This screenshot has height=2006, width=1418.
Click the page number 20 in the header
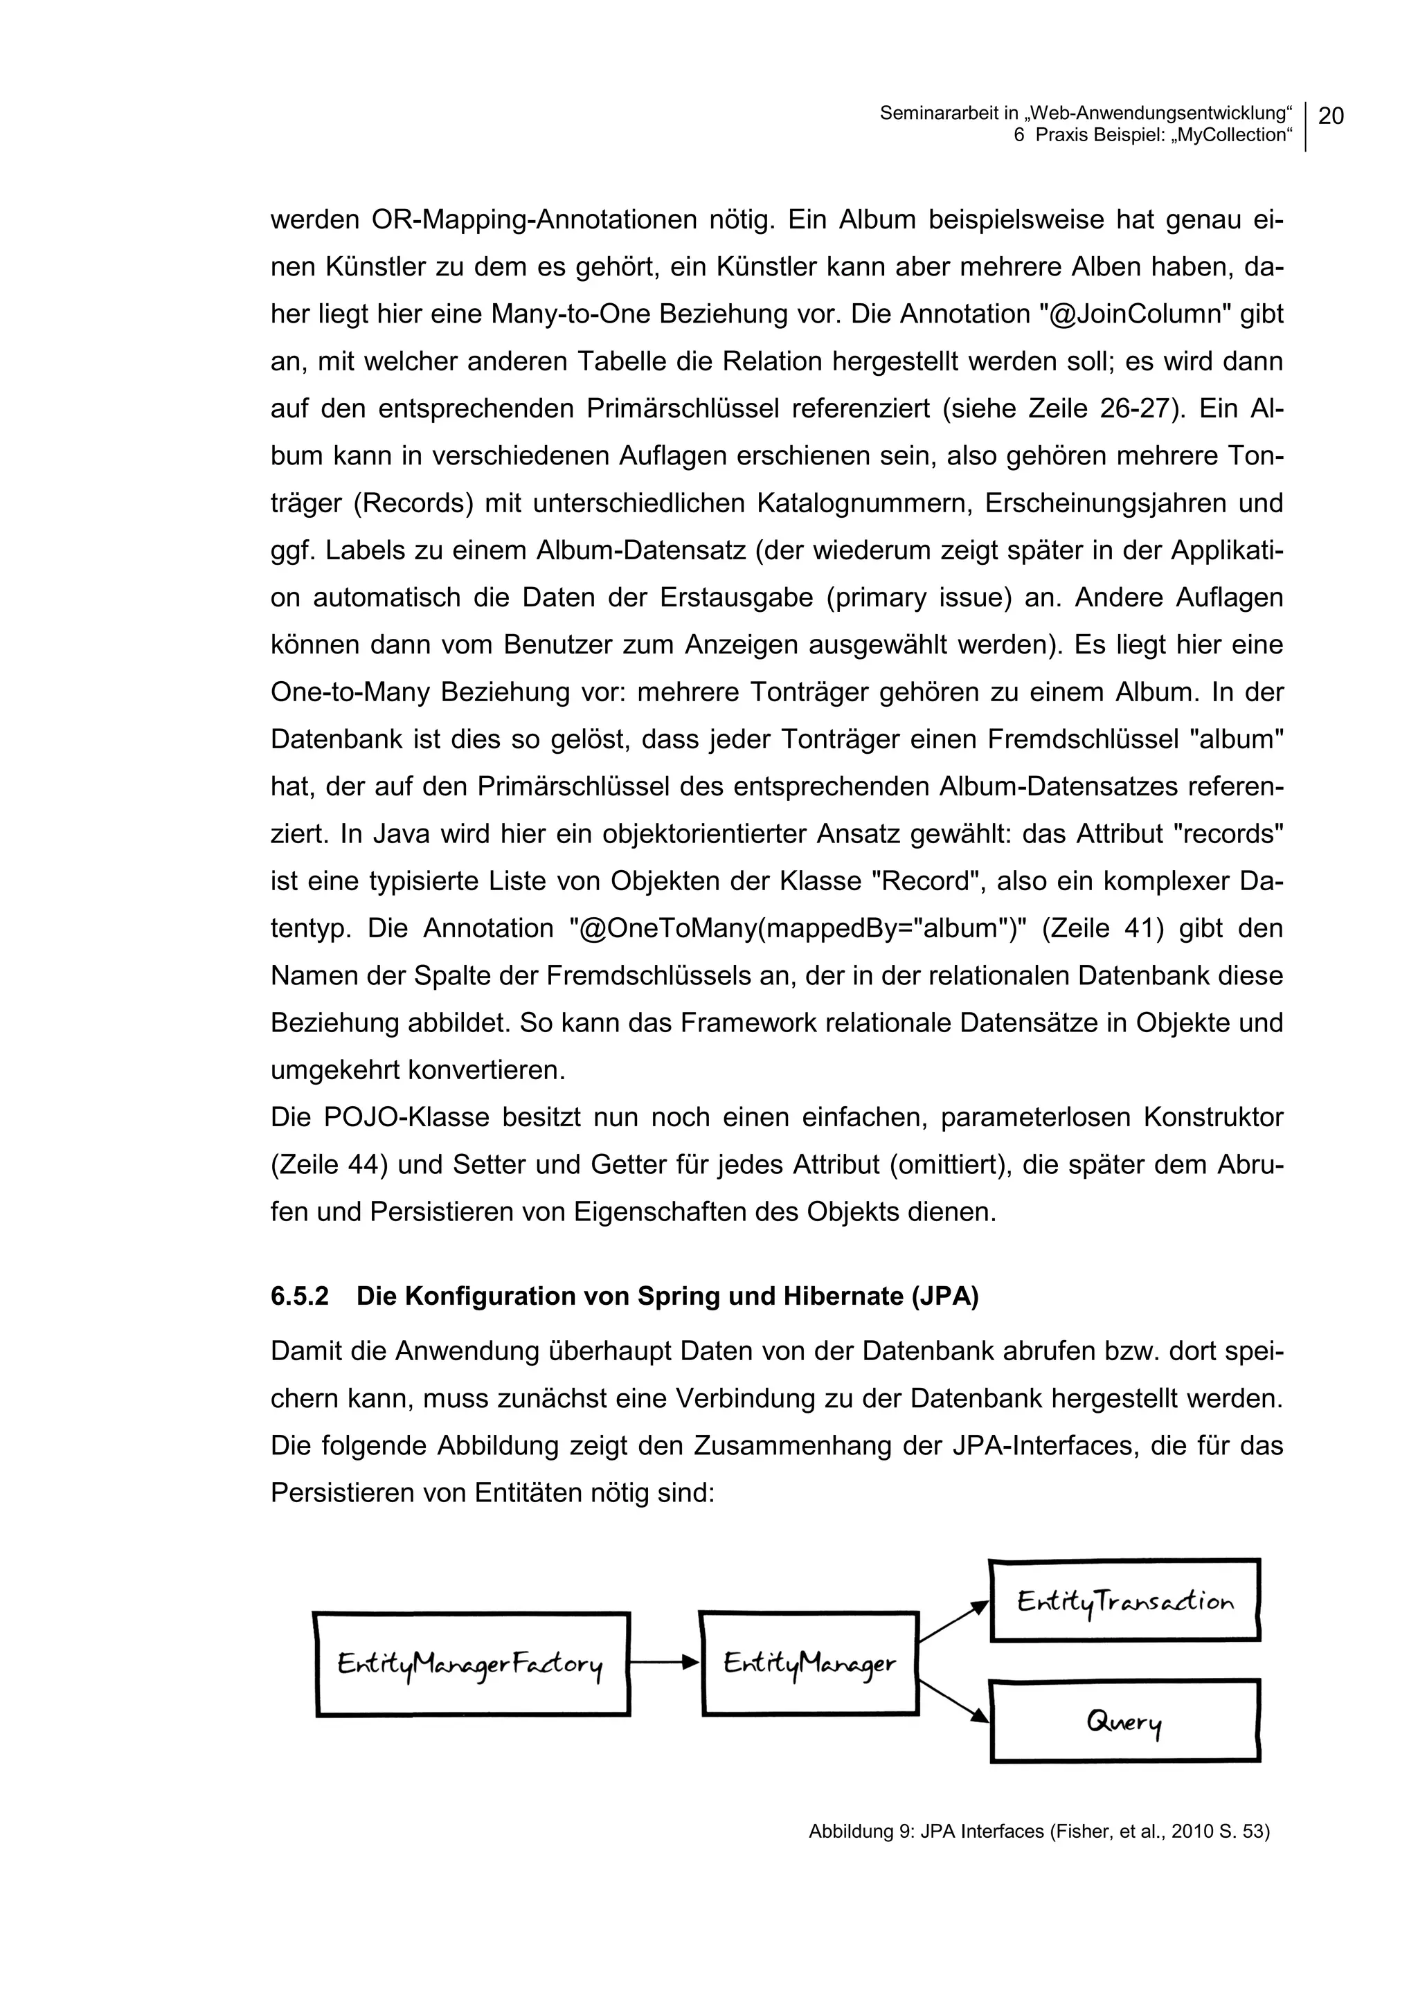(x=1331, y=116)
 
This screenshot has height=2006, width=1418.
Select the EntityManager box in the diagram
(x=810, y=1663)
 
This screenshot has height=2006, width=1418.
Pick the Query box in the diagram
(x=1124, y=1722)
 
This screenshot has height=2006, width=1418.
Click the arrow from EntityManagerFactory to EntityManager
(x=664, y=1662)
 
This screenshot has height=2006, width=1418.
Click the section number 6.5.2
(x=300, y=1296)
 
